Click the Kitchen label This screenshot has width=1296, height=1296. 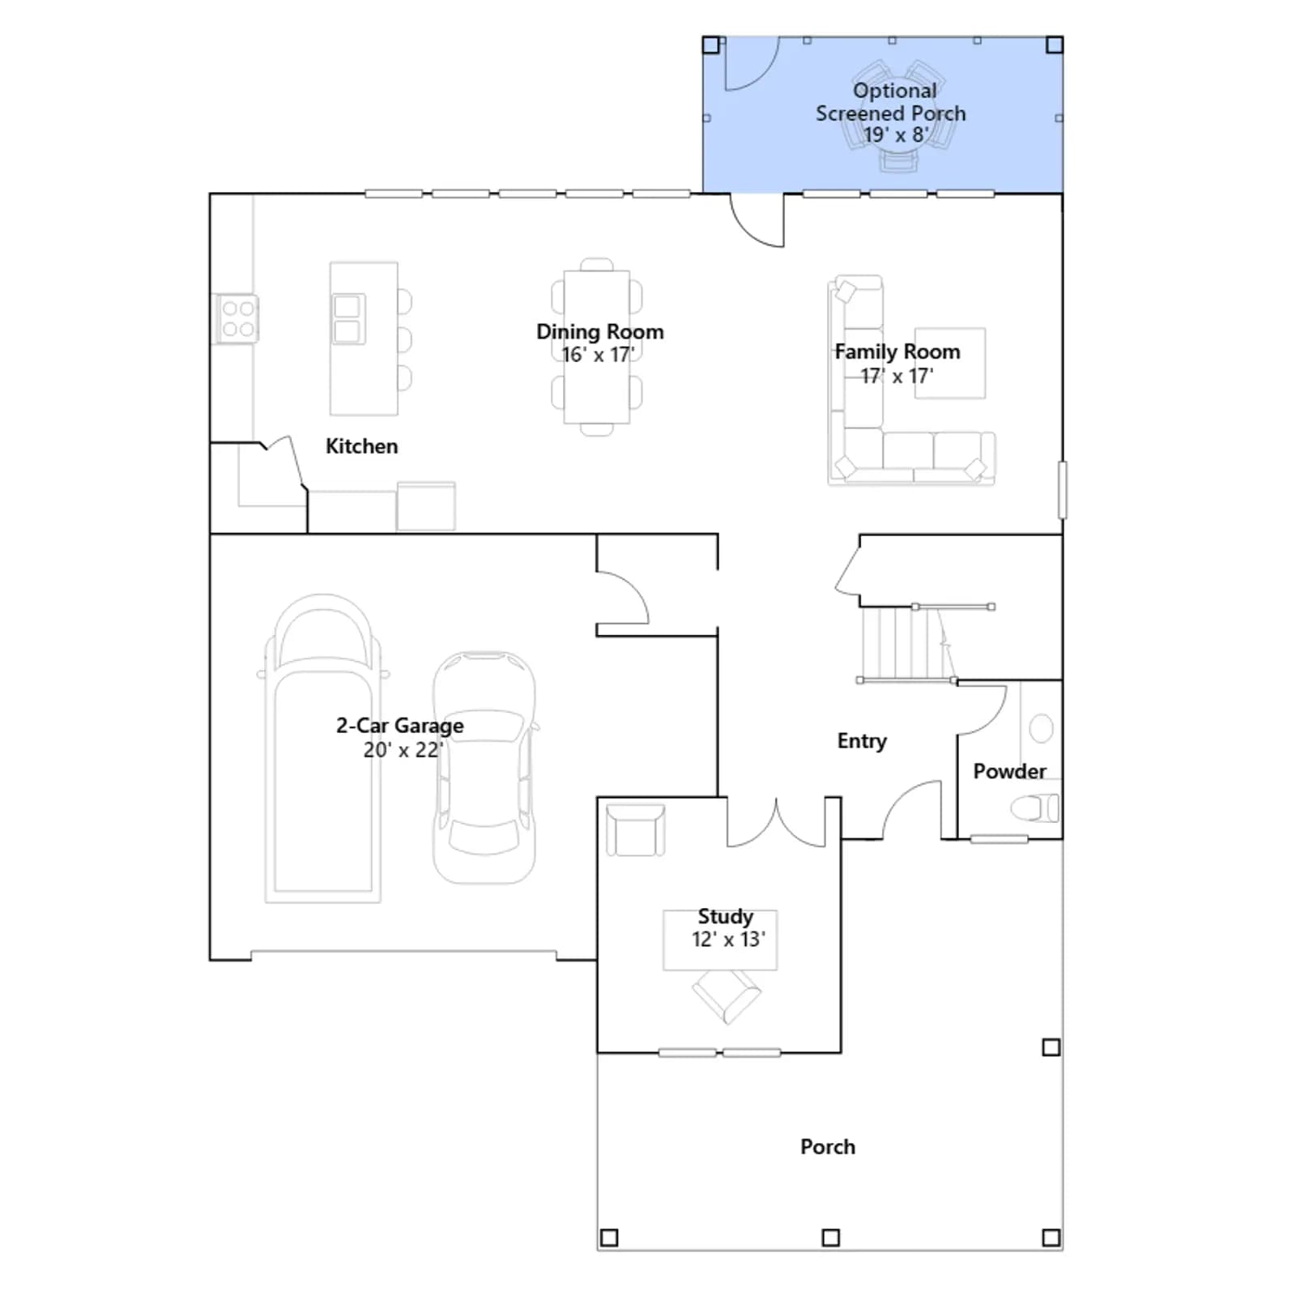pos(361,446)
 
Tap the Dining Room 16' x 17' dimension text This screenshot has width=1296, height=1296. pos(598,355)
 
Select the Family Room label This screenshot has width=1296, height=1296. pos(897,352)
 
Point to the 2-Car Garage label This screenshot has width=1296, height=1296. pos(400,725)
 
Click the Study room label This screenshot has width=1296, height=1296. pos(726,916)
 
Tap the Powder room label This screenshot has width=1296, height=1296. pos(1009,771)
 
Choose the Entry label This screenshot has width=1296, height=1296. pos(862,741)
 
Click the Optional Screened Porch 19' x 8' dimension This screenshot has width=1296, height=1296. pos(896,134)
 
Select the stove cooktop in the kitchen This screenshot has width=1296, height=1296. pos(237,318)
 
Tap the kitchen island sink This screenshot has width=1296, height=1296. pos(348,318)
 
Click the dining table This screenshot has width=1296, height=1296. pos(597,347)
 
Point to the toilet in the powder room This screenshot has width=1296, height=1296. pos(1034,808)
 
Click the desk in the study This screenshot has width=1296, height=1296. pos(720,940)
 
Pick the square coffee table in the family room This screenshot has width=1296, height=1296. pos(950,363)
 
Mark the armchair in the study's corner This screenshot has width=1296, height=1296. pos(636,829)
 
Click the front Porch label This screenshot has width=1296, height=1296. pos(828,1147)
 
